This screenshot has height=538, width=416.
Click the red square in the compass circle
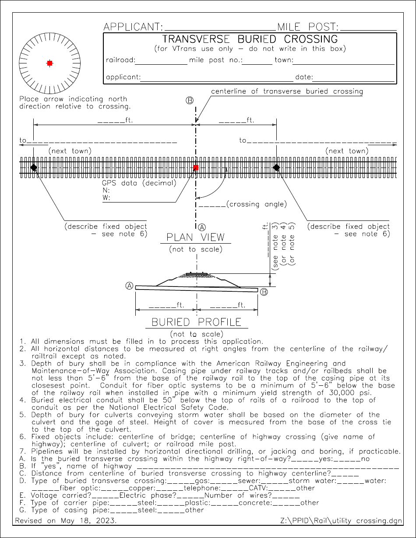(x=50, y=63)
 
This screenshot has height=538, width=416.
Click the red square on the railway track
(x=196, y=168)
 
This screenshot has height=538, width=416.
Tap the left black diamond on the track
(x=34, y=167)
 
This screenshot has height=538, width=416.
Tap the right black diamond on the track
(x=276, y=167)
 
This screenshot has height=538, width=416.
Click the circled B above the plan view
(x=190, y=101)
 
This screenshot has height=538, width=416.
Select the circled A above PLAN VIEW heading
(x=201, y=227)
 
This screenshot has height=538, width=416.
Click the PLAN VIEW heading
(x=196, y=238)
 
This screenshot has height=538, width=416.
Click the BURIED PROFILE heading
(x=196, y=322)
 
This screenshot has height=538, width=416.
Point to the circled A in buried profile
(x=129, y=286)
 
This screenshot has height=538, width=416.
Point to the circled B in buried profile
(x=264, y=292)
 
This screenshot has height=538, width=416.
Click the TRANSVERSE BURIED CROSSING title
(x=250, y=39)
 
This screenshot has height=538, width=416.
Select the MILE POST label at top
(x=308, y=27)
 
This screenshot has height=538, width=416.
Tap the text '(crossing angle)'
(x=257, y=204)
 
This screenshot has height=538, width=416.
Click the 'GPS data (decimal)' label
(x=139, y=183)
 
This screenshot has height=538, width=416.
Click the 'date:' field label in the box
(x=304, y=77)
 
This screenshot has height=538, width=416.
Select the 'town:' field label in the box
(x=283, y=60)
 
